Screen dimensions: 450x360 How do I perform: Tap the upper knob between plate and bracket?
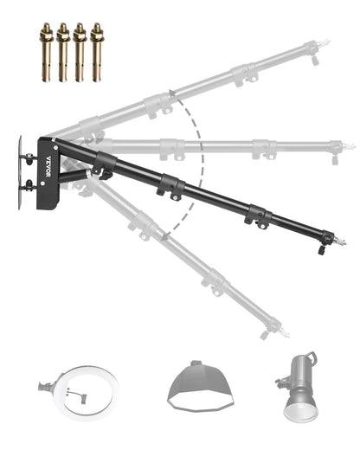tap(31, 157)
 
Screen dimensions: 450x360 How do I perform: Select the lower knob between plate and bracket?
tap(31, 183)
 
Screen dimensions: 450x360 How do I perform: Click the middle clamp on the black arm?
tap(170, 186)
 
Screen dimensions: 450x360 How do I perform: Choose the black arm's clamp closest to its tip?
tap(257, 215)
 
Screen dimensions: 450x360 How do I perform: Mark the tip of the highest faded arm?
tap(323, 41)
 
